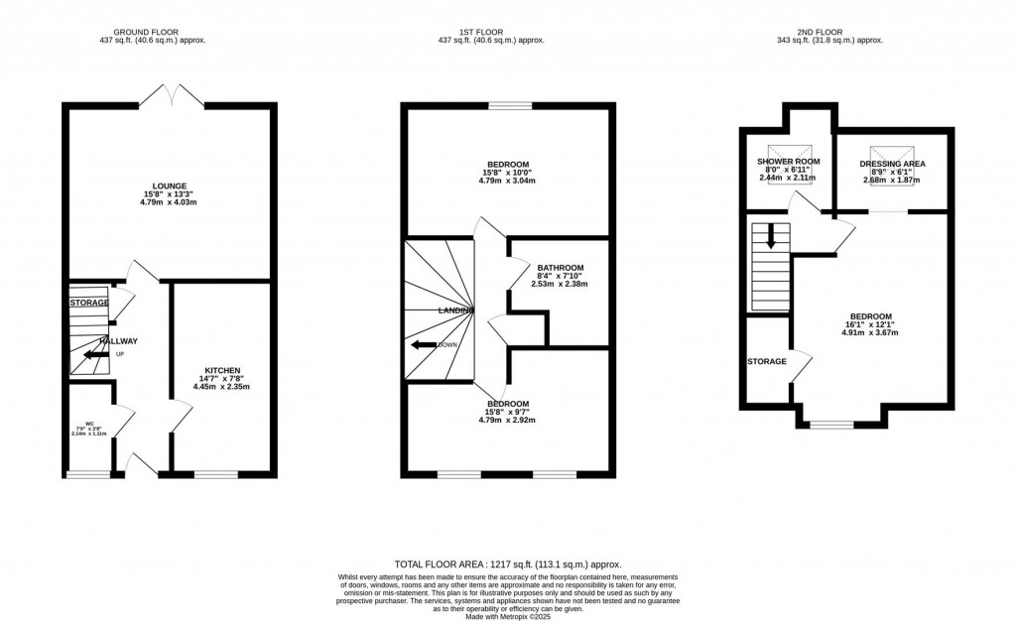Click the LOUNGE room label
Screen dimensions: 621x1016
pyautogui.click(x=168, y=185)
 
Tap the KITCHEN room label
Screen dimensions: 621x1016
pyautogui.click(x=222, y=370)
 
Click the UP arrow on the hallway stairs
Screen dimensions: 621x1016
pyautogui.click(x=96, y=354)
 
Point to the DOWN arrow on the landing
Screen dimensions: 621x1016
pyautogui.click(x=425, y=344)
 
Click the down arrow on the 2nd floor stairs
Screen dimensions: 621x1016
pyautogui.click(x=770, y=239)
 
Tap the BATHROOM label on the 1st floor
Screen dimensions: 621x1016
pyautogui.click(x=560, y=268)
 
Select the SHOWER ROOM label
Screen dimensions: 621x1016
pyautogui.click(x=787, y=162)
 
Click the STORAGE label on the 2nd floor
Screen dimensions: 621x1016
pyautogui.click(x=767, y=361)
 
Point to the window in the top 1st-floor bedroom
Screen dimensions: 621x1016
pyautogui.click(x=509, y=104)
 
